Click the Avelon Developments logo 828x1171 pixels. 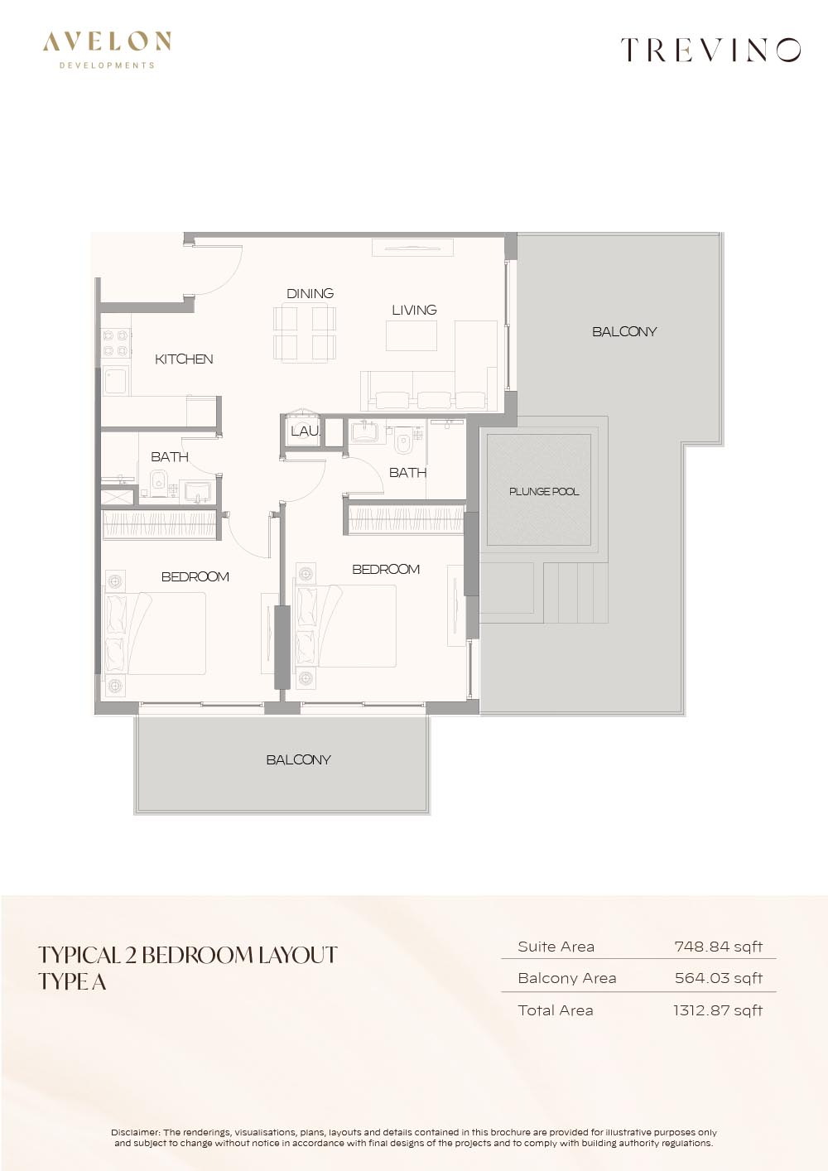click(x=107, y=51)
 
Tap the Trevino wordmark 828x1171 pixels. click(x=711, y=51)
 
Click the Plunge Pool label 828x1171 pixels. click(x=544, y=492)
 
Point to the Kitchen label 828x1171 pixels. click(x=184, y=359)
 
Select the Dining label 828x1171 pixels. click(x=310, y=293)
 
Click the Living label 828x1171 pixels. click(x=415, y=310)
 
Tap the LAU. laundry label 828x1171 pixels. click(x=306, y=431)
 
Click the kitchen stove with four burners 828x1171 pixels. click(x=116, y=342)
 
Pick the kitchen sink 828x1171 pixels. click(x=116, y=382)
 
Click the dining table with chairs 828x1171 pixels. click(x=304, y=333)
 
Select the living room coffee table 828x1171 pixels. click(x=412, y=335)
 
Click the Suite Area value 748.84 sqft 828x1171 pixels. click(x=718, y=947)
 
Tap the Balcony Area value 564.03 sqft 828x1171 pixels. click(x=718, y=978)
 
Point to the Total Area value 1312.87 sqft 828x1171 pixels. click(x=718, y=1010)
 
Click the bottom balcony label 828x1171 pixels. click(x=298, y=759)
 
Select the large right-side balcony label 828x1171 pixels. click(x=624, y=331)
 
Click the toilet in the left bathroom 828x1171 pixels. click(x=157, y=483)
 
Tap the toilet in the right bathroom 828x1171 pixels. click(x=403, y=442)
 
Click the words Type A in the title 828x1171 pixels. click(x=73, y=983)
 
